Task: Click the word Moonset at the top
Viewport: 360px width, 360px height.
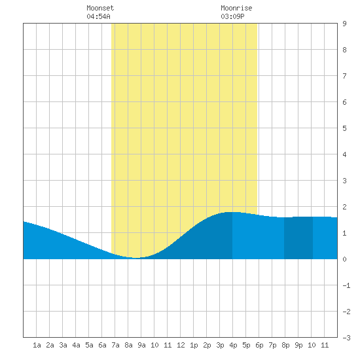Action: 100,8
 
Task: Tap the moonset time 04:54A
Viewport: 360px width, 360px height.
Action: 98,16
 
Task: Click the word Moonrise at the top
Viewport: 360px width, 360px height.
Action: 236,8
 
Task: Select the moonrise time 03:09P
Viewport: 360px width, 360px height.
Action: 232,16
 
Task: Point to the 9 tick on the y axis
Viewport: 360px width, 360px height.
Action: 344,24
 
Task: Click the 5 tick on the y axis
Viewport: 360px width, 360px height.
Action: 344,128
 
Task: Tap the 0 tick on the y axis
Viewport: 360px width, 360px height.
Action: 344,259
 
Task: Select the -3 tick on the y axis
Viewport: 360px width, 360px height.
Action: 346,338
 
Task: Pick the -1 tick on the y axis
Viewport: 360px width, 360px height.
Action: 346,285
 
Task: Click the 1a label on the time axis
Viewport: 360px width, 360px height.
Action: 37,345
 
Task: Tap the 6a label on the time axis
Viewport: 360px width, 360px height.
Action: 102,345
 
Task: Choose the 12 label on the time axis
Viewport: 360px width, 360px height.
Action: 181,345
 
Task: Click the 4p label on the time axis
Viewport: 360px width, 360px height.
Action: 233,345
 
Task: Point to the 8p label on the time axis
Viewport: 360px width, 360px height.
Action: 285,345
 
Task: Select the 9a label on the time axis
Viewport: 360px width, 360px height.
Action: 141,345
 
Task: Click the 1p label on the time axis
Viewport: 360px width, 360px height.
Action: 194,345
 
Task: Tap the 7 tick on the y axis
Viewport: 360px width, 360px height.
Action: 344,76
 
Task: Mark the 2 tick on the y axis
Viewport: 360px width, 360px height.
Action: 344,207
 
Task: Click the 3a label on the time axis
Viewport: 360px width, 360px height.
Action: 63,345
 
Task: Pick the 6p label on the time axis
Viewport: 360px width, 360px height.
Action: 259,345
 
